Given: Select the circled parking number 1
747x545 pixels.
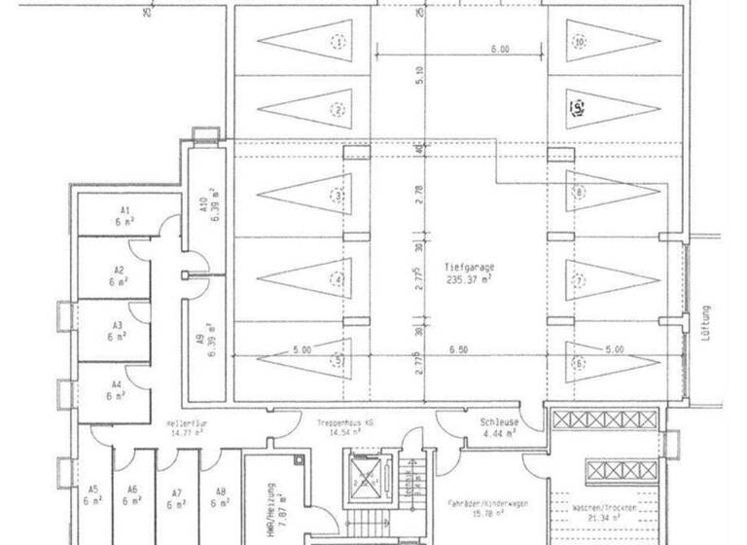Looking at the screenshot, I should tap(338, 42).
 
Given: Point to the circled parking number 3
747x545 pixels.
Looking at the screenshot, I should tap(338, 196).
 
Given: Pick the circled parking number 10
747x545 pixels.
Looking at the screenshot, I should tap(579, 42).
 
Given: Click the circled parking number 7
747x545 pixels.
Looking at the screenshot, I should tap(579, 281).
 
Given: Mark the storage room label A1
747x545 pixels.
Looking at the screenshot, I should tap(124, 210).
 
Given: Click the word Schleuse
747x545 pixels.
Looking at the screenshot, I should tap(498, 423).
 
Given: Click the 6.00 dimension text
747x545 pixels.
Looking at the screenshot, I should tap(500, 48).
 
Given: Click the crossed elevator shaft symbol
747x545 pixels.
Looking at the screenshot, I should tap(368, 478).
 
